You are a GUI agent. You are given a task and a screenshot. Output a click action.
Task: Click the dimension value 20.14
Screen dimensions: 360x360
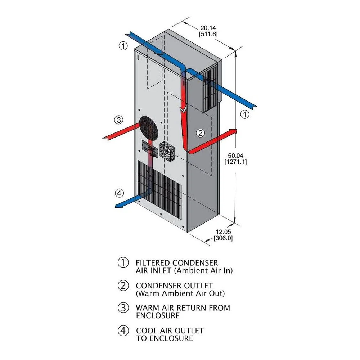coord(208,27)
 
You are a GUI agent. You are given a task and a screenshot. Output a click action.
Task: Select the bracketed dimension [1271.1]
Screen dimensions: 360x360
coord(235,162)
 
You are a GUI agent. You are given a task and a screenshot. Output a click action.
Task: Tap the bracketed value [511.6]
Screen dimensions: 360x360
coord(208,34)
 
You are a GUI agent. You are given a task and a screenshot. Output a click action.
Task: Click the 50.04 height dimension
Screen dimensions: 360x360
coord(235,155)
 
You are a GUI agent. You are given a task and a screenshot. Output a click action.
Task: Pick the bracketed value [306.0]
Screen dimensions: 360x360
coord(223,238)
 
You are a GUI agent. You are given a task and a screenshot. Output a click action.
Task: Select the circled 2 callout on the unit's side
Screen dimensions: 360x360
coord(200,133)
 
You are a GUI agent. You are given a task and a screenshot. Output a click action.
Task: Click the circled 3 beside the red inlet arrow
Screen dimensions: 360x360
coord(119,120)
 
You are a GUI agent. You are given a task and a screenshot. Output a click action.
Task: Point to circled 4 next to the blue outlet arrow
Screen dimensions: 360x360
coord(119,193)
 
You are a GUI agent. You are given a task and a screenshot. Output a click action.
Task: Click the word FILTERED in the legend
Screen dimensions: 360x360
coord(152,263)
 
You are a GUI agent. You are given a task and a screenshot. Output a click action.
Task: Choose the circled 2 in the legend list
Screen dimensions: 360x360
coord(123,285)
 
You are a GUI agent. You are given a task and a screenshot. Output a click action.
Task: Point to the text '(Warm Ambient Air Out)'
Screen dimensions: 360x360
coord(180,293)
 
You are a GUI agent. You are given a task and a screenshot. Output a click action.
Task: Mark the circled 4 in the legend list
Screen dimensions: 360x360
coord(123,330)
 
